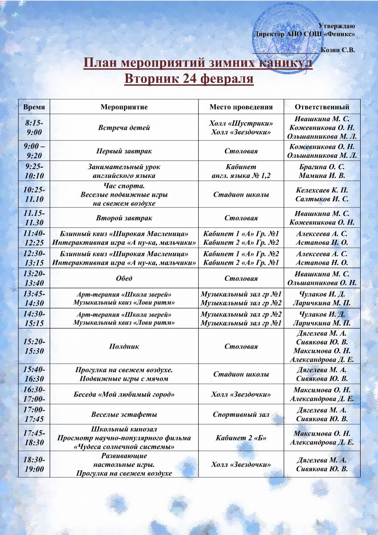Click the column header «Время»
pyautogui.click(x=34, y=107)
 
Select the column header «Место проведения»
pyautogui.click(x=241, y=107)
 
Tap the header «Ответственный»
pyautogui.click(x=322, y=107)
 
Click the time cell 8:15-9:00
pyautogui.click(x=34, y=128)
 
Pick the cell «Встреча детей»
pyautogui.click(x=124, y=128)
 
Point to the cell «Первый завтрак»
pyautogui.click(x=124, y=151)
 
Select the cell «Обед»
pyautogui.click(x=124, y=278)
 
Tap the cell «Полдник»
pyautogui.click(x=124, y=346)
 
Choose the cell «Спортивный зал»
pyautogui.click(x=241, y=414)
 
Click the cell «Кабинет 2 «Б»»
pyautogui.click(x=241, y=438)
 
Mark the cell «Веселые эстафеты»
pyautogui.click(x=124, y=414)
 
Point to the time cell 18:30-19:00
pyautogui.click(x=34, y=464)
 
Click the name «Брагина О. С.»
pyautogui.click(x=322, y=167)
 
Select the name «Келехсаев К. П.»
pyautogui.click(x=322, y=190)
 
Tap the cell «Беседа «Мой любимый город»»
pyautogui.click(x=124, y=395)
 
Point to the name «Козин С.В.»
pyautogui.click(x=338, y=50)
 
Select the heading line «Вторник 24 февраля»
pyautogui.click(x=189, y=79)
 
